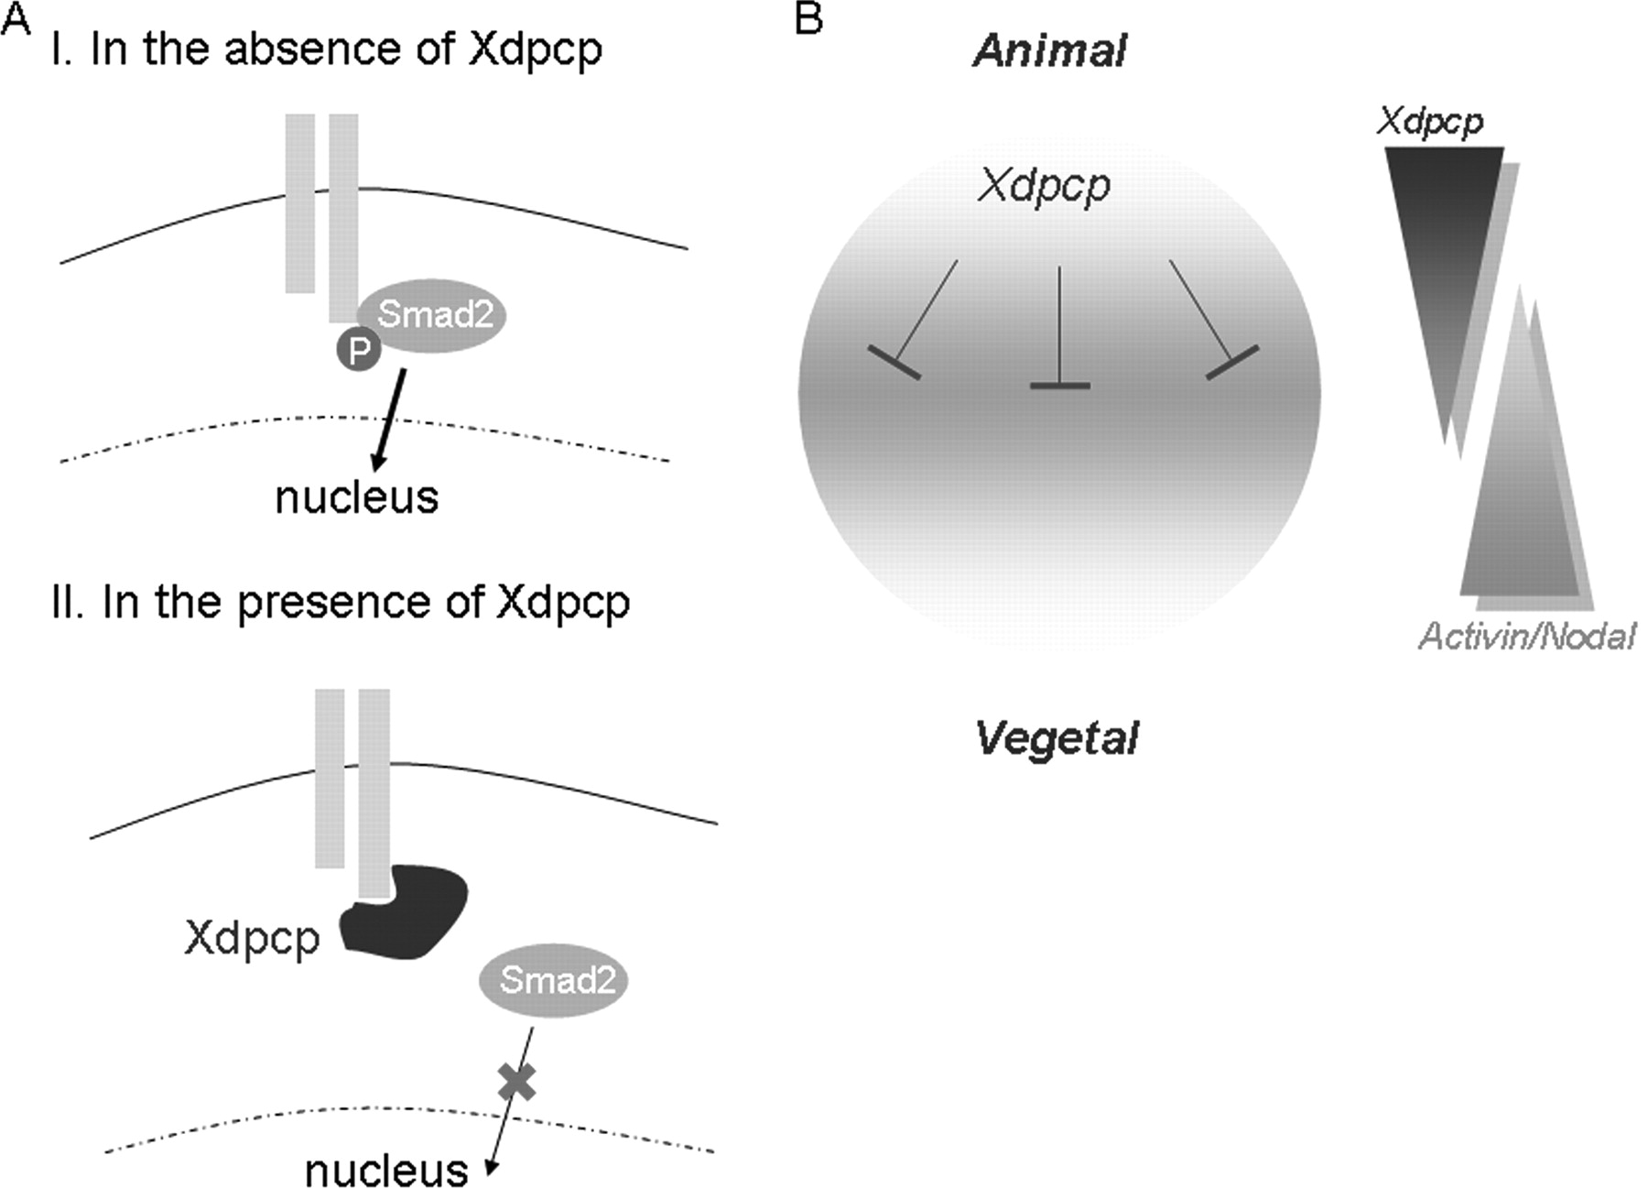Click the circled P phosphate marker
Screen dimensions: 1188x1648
[359, 349]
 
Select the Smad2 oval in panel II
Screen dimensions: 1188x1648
[555, 981]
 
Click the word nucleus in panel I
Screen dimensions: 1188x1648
[357, 497]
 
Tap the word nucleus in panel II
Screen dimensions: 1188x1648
[386, 1170]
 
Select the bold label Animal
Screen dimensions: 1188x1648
[1049, 50]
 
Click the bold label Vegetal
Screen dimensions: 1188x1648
[1057, 738]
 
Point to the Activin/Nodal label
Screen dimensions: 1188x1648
[1526, 636]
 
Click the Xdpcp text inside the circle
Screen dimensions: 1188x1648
[1044, 186]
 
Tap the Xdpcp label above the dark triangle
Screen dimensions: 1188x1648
[1429, 121]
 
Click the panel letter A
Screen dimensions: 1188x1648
[15, 18]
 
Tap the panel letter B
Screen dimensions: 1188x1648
[808, 18]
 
